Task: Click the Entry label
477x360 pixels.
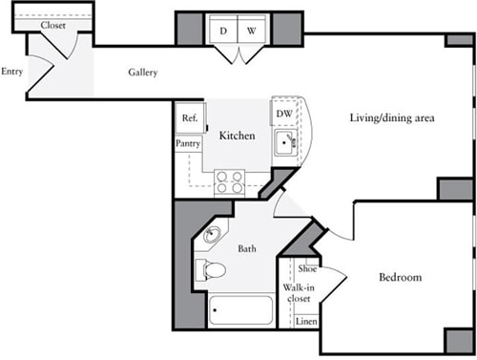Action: [x=12, y=71]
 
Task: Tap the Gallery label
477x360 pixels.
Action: [x=143, y=73]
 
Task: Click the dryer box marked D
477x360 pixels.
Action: [x=223, y=32]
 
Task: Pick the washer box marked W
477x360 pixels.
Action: [x=252, y=32]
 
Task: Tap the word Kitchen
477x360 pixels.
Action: [x=237, y=136]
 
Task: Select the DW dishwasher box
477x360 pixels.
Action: [x=283, y=114]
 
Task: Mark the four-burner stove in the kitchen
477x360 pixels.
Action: [x=229, y=181]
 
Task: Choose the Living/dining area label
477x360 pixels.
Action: [x=392, y=117]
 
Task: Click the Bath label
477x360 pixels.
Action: [x=247, y=249]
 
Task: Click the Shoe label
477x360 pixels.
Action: [x=307, y=270]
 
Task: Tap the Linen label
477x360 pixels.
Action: [x=306, y=321]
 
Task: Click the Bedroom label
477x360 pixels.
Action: [x=400, y=277]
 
